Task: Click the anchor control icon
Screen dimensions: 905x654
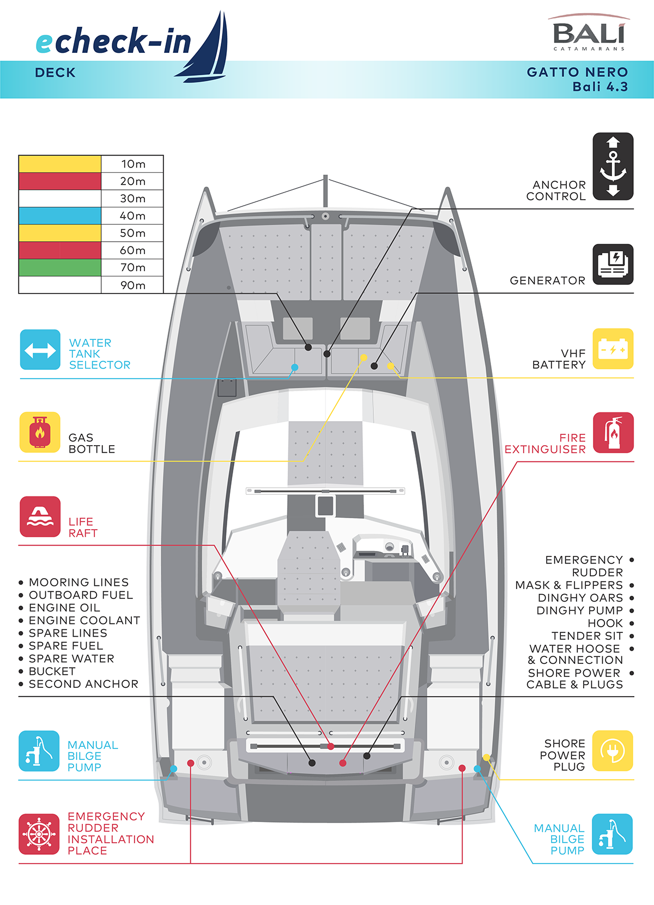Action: click(x=613, y=166)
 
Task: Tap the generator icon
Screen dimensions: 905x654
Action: click(x=613, y=264)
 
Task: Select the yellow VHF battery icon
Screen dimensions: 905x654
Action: click(x=613, y=349)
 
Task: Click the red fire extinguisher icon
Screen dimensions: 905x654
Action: click(x=613, y=433)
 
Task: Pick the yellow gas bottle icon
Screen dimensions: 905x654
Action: click(x=40, y=432)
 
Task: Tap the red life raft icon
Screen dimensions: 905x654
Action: click(x=40, y=516)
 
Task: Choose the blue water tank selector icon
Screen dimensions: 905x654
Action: click(x=40, y=350)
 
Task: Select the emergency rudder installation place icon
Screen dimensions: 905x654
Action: click(x=39, y=834)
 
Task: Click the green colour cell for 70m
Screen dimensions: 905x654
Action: click(x=60, y=267)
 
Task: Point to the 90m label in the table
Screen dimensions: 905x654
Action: click(x=132, y=285)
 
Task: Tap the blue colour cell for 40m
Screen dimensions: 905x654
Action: click(x=60, y=215)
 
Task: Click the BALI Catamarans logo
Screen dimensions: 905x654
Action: click(x=589, y=34)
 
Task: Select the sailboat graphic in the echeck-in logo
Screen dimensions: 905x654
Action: click(x=207, y=49)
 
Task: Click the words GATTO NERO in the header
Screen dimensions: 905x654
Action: click(x=577, y=72)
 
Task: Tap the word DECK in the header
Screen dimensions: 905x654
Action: click(x=55, y=73)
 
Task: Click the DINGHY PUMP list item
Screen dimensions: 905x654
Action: click(x=579, y=610)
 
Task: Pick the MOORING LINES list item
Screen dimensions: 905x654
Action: click(x=78, y=582)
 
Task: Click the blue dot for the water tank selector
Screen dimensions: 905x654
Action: click(x=294, y=367)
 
